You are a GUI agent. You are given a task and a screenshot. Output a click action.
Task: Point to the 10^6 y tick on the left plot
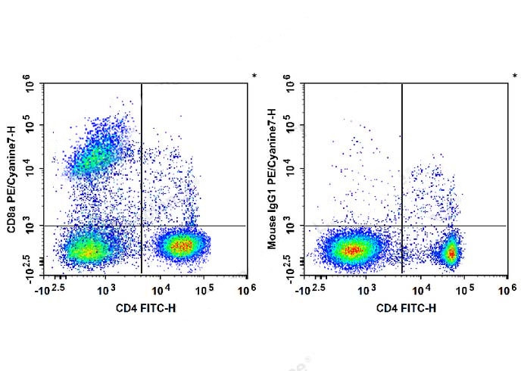(x=30, y=83)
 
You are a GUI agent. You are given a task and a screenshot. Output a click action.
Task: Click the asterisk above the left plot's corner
(x=254, y=76)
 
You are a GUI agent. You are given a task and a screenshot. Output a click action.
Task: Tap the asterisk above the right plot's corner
(x=515, y=76)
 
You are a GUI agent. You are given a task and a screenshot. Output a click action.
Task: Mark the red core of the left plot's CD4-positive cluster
(x=180, y=245)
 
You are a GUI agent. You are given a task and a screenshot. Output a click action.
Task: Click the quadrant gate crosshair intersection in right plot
(x=401, y=226)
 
